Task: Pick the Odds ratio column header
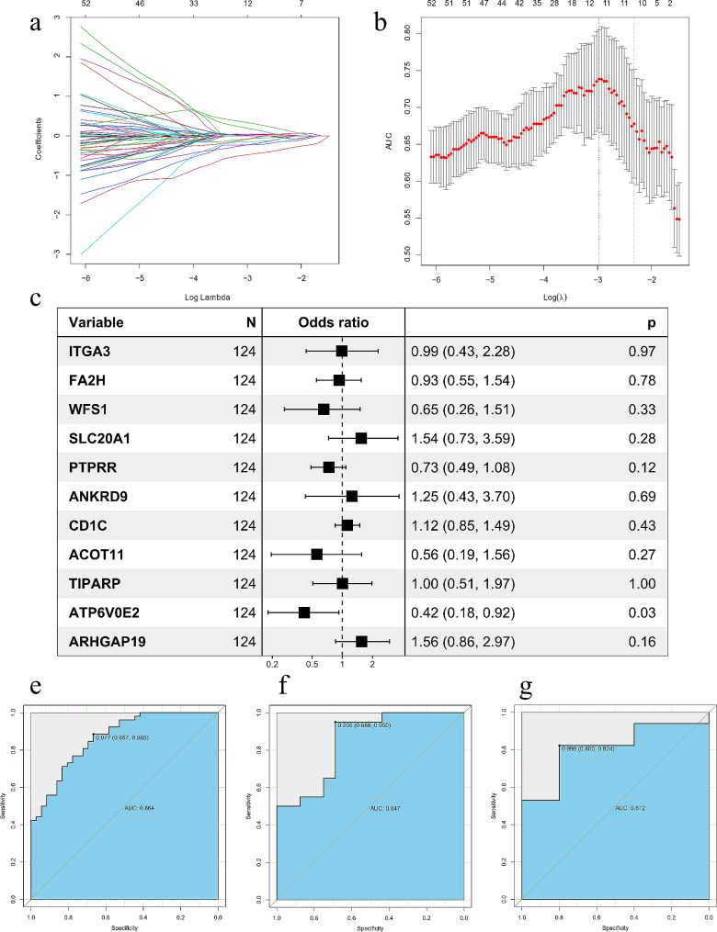click(x=334, y=323)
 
